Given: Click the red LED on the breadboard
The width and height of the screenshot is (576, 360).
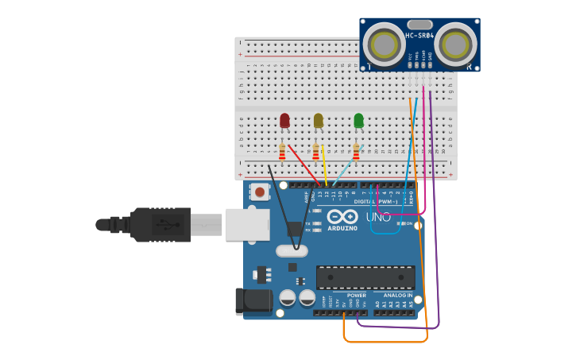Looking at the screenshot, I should coord(284,120).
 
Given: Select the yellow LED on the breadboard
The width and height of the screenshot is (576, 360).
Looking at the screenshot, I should coord(318,120).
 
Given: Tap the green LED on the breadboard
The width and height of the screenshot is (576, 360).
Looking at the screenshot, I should coord(358,120).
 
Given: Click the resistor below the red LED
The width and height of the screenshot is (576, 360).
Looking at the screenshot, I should coord(282,151).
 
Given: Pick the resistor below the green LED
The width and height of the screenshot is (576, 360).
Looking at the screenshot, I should coord(356,151).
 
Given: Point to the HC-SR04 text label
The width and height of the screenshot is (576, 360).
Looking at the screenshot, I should coord(419,36).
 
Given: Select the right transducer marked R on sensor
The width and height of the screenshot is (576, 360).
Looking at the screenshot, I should coord(455,43).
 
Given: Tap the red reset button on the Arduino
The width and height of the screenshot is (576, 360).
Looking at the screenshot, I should coord(259,192).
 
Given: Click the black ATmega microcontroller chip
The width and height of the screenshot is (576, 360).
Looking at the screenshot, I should coord(365,277).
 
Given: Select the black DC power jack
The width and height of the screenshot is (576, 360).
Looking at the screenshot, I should coord(253,302).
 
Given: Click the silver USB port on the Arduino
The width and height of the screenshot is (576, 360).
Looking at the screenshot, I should coord(247,224).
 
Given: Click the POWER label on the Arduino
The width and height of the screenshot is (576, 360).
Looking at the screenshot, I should coord(356,295).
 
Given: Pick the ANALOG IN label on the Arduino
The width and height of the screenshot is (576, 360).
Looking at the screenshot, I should coord(398,295).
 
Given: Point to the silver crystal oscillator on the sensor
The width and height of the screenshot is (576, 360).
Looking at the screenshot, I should coord(419,25).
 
